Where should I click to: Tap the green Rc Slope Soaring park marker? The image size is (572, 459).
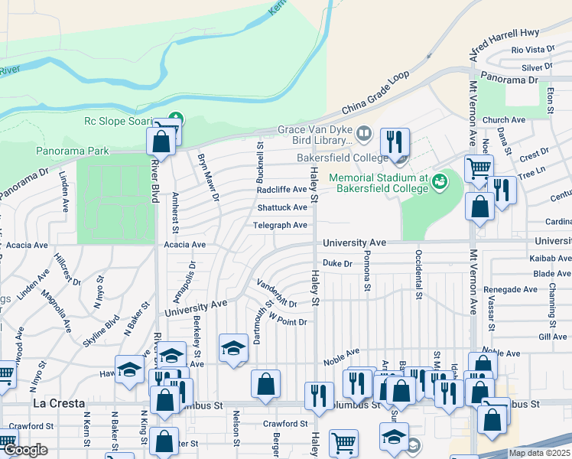pos(176,120)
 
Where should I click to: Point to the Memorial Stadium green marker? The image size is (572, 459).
pos(439,182)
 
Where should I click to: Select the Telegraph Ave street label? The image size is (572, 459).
pos(281,225)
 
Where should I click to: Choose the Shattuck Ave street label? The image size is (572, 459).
pos(281,207)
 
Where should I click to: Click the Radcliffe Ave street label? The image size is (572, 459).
pos(281,190)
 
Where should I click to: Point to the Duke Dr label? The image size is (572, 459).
pos(336,263)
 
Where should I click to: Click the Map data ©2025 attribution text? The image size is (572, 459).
pos(539,453)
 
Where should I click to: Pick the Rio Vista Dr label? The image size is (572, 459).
pos(527,50)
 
